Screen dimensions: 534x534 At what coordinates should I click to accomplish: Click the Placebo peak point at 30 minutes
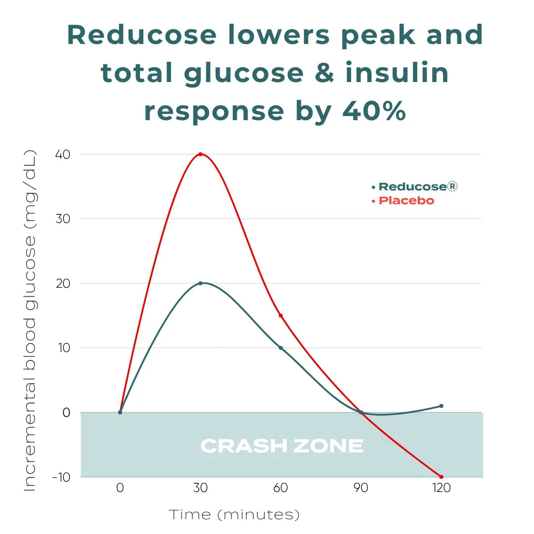(x=200, y=154)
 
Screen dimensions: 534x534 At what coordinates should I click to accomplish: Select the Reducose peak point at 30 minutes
(x=200, y=283)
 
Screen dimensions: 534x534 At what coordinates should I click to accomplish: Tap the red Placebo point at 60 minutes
(x=281, y=315)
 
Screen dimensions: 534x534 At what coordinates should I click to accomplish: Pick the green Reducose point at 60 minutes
(x=281, y=348)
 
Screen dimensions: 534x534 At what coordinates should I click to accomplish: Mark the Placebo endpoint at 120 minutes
(x=441, y=477)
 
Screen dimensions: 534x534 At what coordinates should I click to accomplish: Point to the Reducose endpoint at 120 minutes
(x=441, y=406)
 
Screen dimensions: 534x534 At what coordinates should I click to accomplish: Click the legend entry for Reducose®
(x=415, y=187)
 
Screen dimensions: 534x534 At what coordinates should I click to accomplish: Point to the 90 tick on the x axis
(x=361, y=488)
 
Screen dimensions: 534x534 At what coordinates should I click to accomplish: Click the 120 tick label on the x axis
(x=441, y=488)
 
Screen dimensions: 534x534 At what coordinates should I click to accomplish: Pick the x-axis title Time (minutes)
(x=235, y=515)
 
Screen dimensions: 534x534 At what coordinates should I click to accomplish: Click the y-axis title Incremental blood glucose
(x=31, y=321)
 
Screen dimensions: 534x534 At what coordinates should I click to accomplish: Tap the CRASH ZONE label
(x=282, y=446)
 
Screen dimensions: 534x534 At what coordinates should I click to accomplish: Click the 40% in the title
(x=374, y=111)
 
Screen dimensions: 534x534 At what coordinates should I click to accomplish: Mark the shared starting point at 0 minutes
(x=120, y=412)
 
